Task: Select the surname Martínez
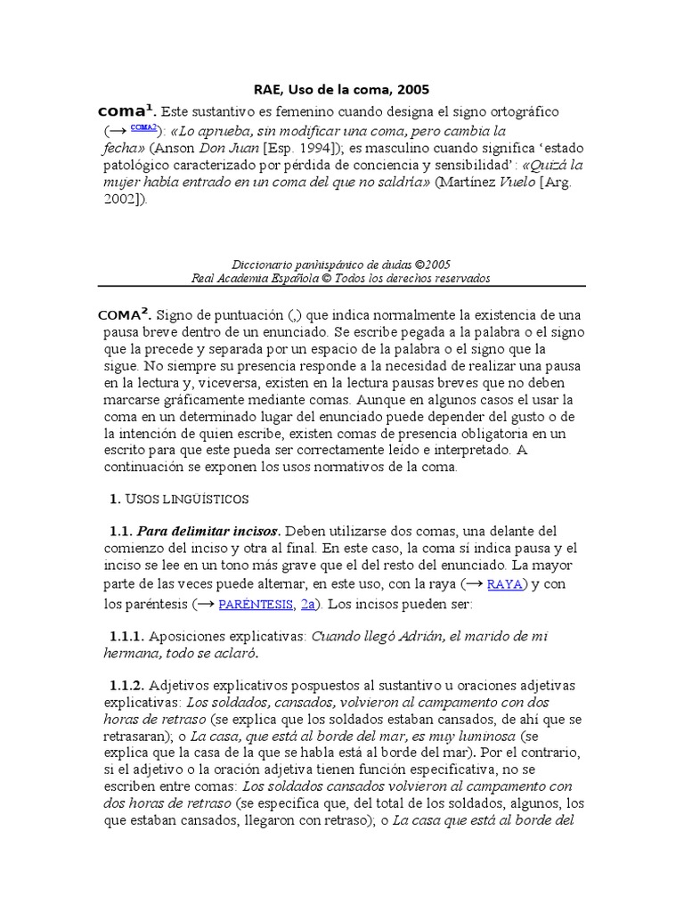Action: tap(473, 183)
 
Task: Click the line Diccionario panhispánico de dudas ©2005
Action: tap(341, 265)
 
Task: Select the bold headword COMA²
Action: tap(126, 314)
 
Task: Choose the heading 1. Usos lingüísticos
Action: tap(179, 499)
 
